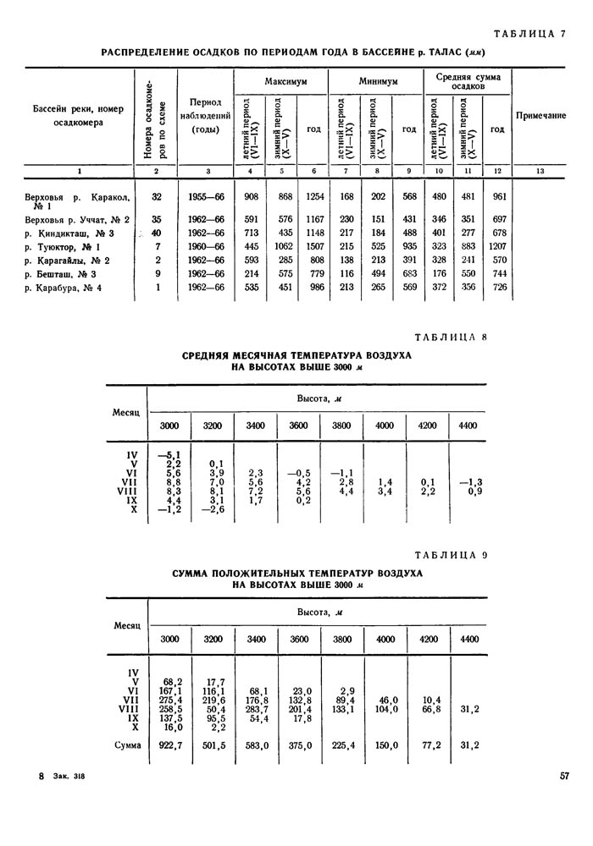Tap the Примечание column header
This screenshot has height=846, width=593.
540,115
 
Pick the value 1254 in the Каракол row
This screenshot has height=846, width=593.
314,197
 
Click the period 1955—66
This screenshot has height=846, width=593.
207,197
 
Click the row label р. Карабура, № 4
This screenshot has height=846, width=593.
67,288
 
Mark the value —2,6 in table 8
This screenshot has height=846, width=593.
213,508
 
